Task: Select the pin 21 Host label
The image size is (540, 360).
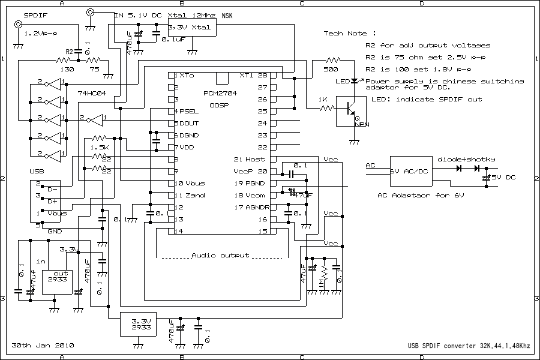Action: pos(249,160)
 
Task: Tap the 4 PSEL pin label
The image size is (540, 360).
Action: pos(186,112)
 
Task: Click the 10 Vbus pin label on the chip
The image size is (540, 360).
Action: pos(190,184)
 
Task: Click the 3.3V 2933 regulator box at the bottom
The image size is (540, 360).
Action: pos(138,325)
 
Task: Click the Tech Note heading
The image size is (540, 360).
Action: pos(350,34)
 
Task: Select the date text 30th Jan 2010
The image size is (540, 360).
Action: pos(43,346)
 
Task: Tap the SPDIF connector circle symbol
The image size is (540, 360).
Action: pos(19,25)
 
